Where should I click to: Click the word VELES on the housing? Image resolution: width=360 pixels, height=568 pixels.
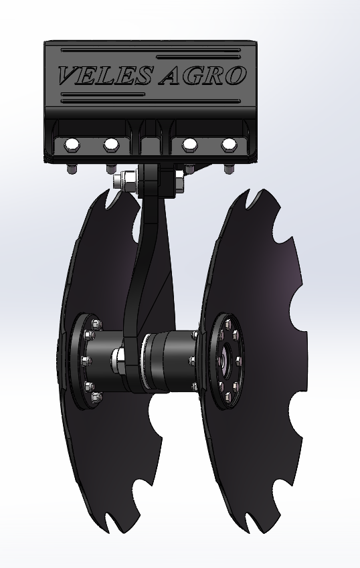[104, 76]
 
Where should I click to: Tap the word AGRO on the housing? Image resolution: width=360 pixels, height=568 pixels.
[203, 76]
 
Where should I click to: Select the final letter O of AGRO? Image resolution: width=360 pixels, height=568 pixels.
[236, 76]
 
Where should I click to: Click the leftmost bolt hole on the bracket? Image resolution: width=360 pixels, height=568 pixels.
[72, 145]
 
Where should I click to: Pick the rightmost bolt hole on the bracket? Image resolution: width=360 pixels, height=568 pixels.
[229, 145]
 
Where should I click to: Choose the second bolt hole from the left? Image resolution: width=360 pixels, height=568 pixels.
[111, 145]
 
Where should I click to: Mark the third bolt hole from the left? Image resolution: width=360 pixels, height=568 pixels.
[189, 145]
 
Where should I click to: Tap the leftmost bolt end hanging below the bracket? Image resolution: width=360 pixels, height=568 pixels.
[72, 169]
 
